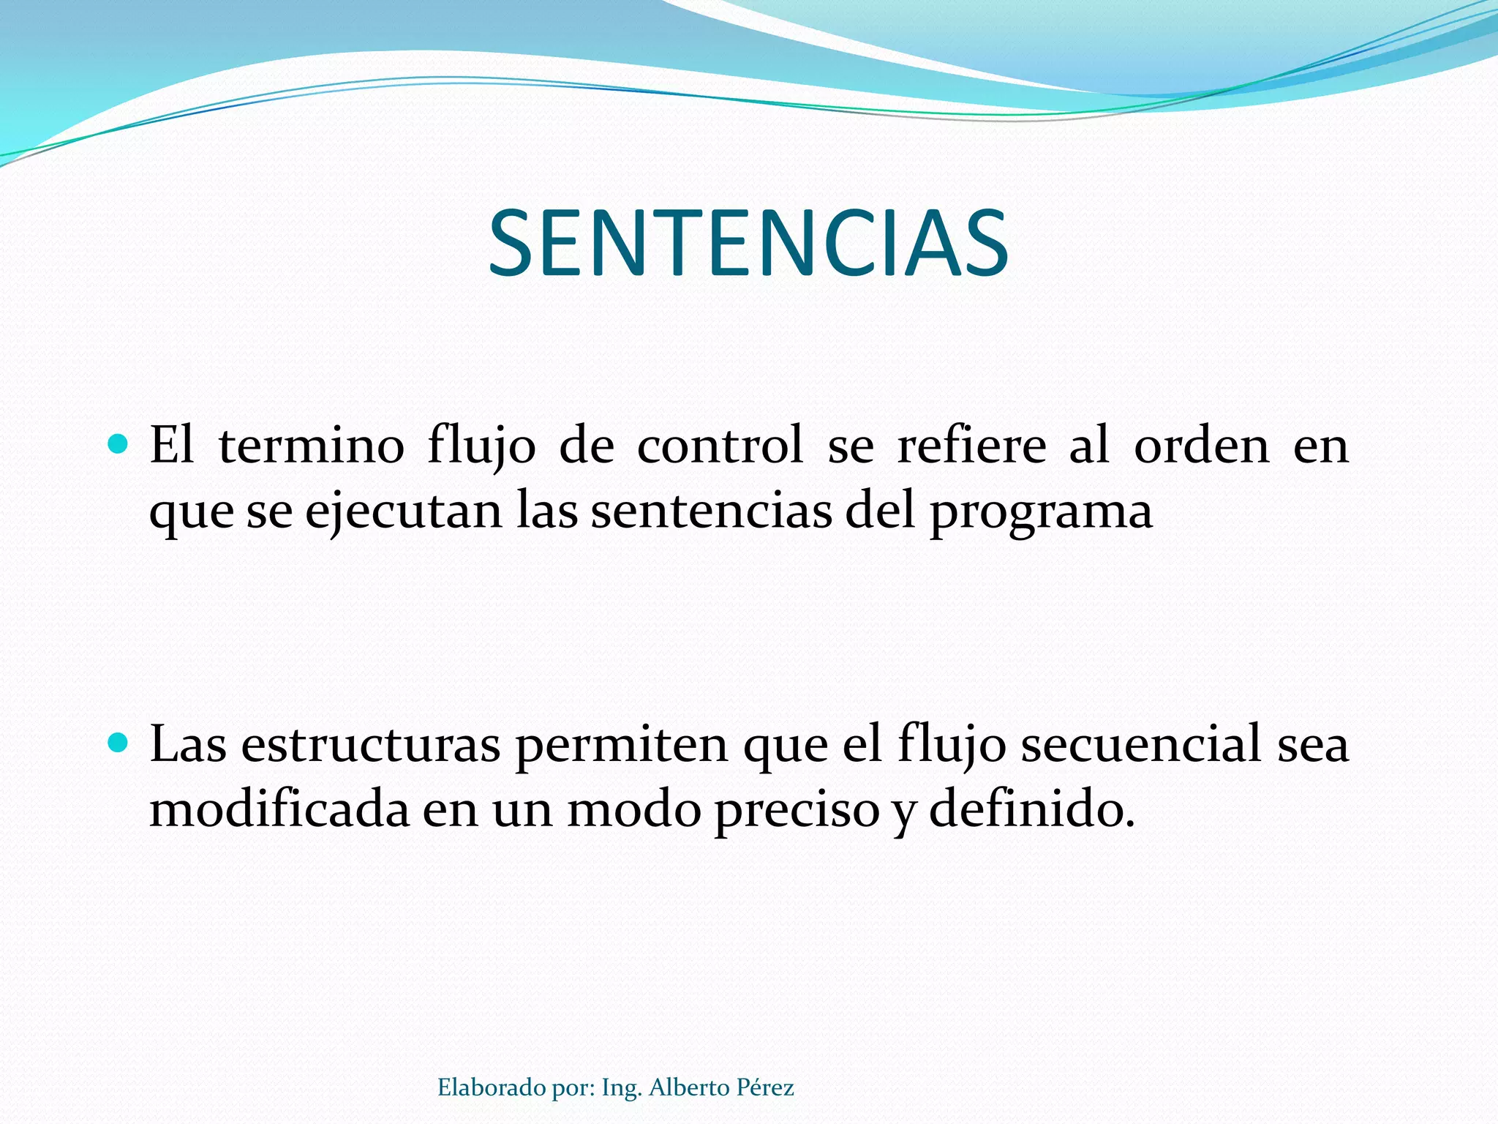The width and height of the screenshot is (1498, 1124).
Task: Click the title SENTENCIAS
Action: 748,243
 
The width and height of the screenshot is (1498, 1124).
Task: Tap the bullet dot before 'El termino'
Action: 117,443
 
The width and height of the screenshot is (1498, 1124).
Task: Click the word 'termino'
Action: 311,445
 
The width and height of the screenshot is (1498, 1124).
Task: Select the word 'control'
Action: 720,445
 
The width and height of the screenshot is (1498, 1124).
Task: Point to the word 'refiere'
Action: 971,445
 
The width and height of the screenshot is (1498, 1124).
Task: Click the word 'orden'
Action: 1201,445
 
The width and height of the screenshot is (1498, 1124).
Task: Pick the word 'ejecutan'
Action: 403,511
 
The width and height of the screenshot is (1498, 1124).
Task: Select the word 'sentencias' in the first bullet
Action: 711,511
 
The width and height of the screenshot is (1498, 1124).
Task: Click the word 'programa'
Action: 1041,512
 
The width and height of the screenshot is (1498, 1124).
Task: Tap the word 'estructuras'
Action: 370,745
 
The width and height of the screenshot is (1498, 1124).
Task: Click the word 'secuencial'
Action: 1141,745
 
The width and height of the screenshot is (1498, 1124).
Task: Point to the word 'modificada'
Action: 279,809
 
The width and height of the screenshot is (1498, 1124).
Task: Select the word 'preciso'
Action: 797,811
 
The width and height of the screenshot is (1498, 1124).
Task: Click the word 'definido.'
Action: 1032,809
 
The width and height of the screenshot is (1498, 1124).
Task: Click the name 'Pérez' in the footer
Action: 765,1087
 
